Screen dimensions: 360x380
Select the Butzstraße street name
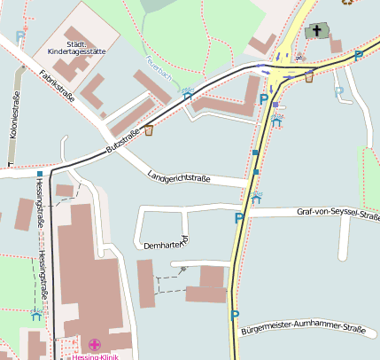(x=123, y=143)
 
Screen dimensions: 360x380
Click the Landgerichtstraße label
(x=180, y=176)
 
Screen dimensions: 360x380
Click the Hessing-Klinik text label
(x=95, y=356)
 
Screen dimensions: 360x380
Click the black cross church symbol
(x=316, y=32)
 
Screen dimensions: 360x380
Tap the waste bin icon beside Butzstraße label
(x=148, y=131)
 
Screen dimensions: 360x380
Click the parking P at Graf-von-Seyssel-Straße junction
(x=238, y=218)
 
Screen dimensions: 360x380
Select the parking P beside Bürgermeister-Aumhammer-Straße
(x=235, y=315)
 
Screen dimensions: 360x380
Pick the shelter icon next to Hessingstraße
(x=36, y=313)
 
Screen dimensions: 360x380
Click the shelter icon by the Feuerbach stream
(x=187, y=90)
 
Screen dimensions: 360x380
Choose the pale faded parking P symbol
(x=338, y=91)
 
